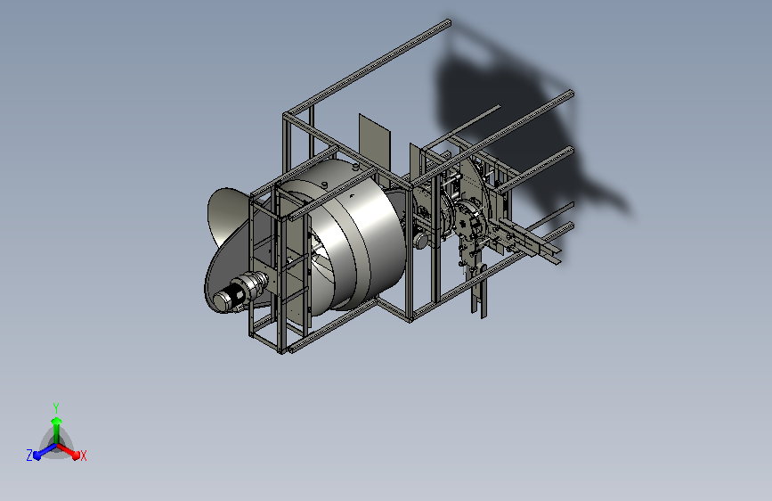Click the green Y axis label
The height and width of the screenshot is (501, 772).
56,408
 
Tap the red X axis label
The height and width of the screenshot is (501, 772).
84,456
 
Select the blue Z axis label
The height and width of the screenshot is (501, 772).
29,456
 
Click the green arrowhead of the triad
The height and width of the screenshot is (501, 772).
57,422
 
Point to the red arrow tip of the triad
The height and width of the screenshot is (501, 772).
75,455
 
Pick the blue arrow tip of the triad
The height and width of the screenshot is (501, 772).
37,456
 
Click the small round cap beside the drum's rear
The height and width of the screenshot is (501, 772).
420,240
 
